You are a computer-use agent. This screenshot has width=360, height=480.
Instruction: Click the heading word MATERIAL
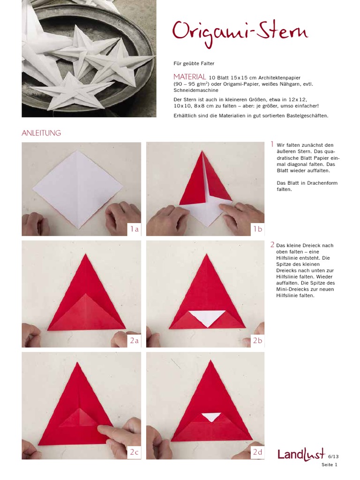point(190,77)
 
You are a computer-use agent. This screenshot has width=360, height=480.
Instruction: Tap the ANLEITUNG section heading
point(41,133)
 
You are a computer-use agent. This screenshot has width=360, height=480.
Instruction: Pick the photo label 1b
point(257,229)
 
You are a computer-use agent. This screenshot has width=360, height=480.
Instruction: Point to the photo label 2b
point(257,340)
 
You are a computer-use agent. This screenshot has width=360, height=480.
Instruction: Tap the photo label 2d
point(257,452)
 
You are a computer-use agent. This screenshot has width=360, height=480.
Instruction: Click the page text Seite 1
point(330,465)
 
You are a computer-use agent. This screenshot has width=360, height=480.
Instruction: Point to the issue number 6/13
point(333,457)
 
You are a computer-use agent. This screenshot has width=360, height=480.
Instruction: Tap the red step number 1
point(272,144)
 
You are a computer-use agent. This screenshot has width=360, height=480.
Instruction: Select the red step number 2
point(272,245)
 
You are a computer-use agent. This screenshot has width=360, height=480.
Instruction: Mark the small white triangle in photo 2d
point(211,417)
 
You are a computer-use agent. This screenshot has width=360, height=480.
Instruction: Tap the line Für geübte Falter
point(194,64)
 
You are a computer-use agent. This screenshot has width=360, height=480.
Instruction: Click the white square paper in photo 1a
point(78,190)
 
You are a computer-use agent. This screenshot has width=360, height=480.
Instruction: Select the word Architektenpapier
point(279,78)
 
